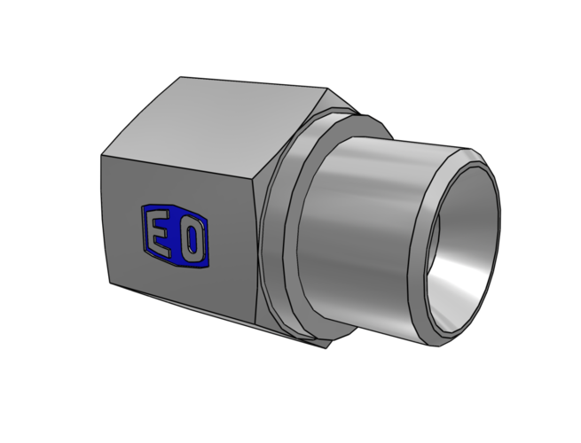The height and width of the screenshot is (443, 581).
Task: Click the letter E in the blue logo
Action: pyautogui.click(x=160, y=232)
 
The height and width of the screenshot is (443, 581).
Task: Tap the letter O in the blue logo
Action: pyautogui.click(x=192, y=238)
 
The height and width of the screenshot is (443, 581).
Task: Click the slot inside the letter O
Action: pyautogui.click(x=192, y=238)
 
